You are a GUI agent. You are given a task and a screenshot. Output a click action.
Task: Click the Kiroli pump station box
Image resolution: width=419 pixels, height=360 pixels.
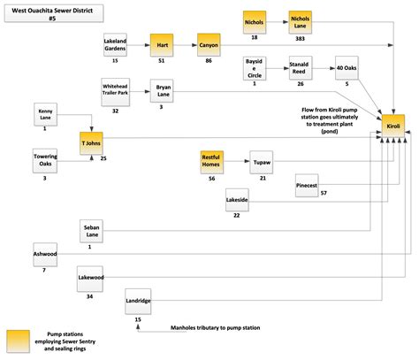pyautogui.click(x=393, y=126)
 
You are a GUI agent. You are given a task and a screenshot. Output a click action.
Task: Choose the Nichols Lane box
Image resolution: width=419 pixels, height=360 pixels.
pyautogui.click(x=301, y=21)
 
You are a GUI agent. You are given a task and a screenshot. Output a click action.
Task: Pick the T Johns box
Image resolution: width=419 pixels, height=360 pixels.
pyautogui.click(x=90, y=142)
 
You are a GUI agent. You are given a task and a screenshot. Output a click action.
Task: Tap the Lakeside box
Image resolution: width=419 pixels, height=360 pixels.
pyautogui.click(x=237, y=202)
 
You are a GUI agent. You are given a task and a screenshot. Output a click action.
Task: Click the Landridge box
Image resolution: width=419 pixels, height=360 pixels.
pyautogui.click(x=138, y=302)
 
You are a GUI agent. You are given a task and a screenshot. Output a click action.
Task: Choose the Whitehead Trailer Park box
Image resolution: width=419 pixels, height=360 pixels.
pyautogui.click(x=116, y=91)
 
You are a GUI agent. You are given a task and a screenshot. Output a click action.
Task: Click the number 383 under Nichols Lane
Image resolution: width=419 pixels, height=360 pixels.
pyautogui.click(x=301, y=40)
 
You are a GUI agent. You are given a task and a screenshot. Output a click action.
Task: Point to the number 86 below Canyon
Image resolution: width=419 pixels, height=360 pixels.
pyautogui.click(x=209, y=62)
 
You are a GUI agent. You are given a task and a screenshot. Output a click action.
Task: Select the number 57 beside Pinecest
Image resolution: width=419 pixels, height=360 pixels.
pyautogui.click(x=324, y=193)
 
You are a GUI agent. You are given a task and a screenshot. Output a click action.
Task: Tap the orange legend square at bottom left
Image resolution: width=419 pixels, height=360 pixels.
pyautogui.click(x=17, y=341)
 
